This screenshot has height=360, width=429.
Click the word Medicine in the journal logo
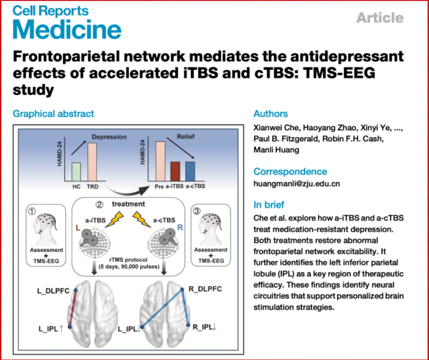[67, 30]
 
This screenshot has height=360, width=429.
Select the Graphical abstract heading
[53, 114]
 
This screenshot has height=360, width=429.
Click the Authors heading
[270, 114]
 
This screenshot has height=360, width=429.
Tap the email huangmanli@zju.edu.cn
[297, 184]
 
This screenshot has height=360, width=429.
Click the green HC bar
[75, 171]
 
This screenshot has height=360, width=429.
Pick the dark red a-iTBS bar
[175, 171]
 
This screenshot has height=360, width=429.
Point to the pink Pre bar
[159, 161]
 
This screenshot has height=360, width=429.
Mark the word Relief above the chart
[186, 136]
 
